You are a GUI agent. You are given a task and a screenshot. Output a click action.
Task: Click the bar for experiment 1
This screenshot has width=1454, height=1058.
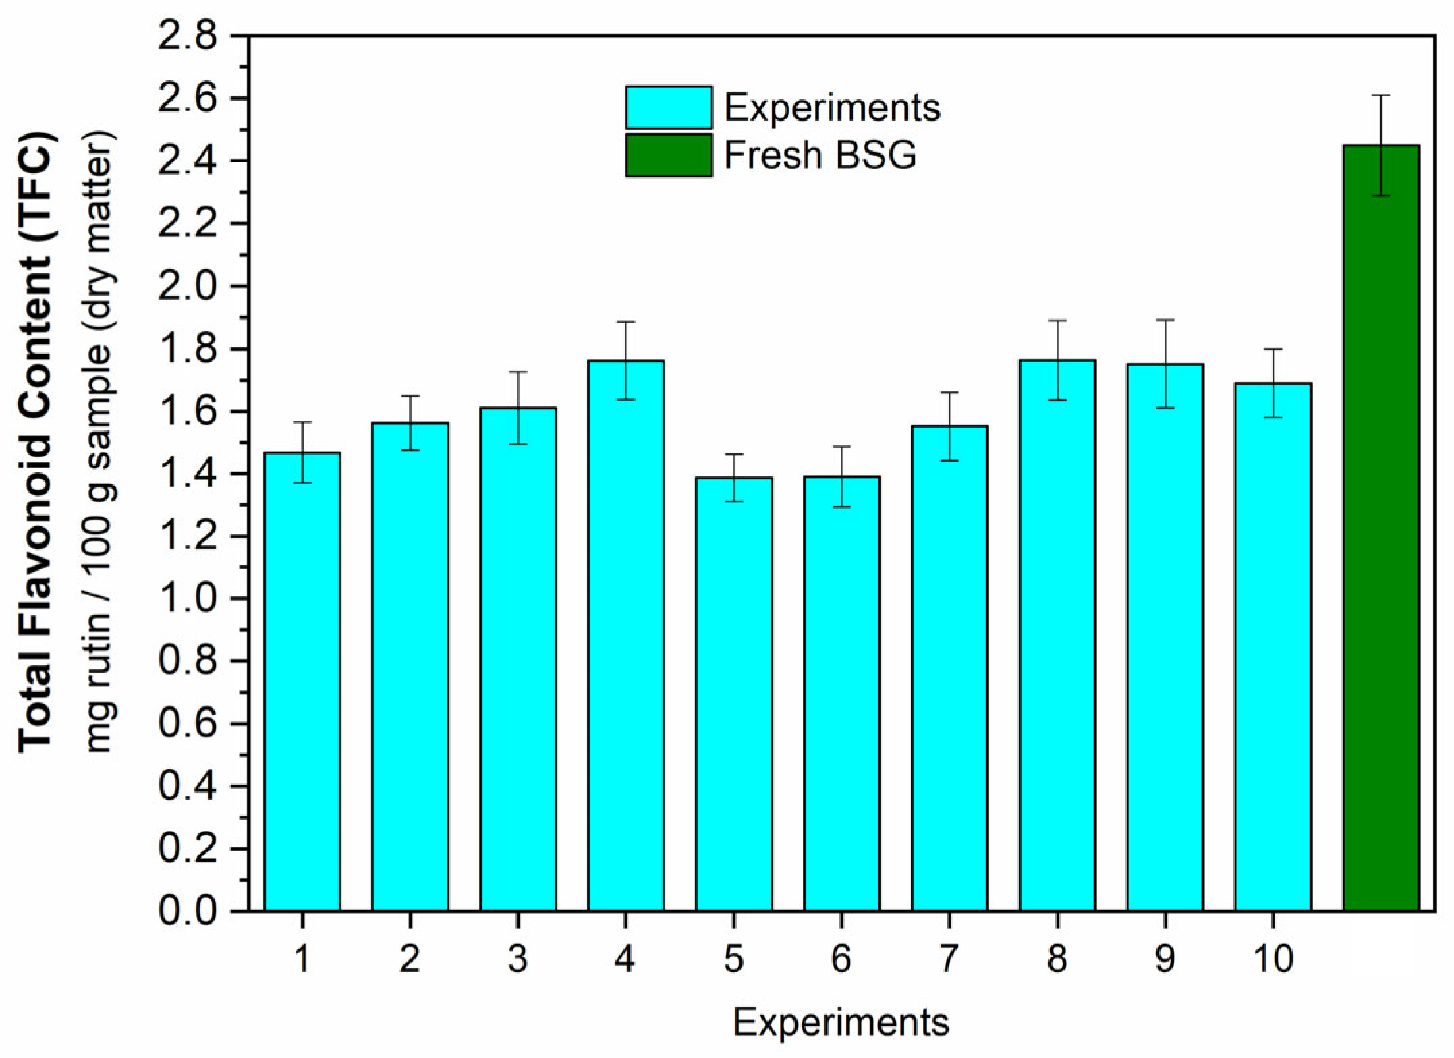point(302,681)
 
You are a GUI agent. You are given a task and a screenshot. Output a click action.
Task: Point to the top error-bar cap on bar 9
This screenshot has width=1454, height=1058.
point(1165,320)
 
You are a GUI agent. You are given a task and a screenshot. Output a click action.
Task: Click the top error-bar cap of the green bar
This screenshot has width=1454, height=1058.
point(1381,96)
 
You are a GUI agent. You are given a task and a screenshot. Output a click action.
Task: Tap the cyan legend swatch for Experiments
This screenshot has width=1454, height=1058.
point(668,107)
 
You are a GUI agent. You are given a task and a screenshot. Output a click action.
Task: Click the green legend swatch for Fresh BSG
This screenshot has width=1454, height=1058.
point(668,155)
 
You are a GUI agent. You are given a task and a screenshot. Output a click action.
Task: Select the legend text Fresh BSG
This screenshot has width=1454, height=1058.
point(820,155)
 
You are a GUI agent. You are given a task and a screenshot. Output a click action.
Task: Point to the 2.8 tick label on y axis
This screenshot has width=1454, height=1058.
point(188,36)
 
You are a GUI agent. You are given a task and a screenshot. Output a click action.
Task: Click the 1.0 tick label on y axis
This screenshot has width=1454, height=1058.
point(188,598)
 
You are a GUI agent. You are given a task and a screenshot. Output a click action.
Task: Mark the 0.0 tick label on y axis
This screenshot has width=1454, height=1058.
point(188,911)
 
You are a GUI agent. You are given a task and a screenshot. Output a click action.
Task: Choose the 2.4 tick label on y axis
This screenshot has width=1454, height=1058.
point(188,161)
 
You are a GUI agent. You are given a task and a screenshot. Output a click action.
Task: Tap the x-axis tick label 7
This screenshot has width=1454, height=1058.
point(949,958)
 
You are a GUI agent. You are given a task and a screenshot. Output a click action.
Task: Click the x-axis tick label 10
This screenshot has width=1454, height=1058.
point(1273,958)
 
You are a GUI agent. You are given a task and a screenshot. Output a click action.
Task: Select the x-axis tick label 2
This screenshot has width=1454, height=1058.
point(410,958)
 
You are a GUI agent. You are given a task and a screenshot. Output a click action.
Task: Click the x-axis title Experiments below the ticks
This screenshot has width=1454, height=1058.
point(841,1022)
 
